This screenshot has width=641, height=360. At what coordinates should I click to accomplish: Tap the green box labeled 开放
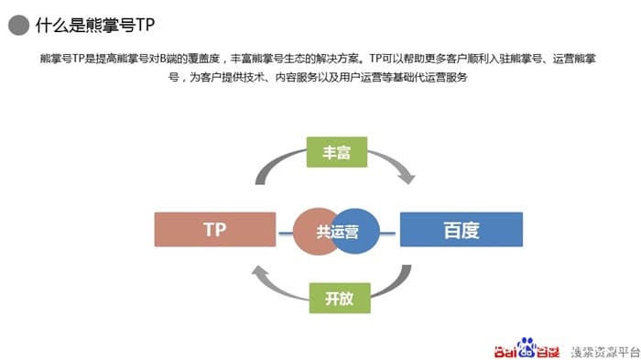[x=332, y=299]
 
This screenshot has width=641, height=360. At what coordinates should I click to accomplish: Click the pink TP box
[x=214, y=229]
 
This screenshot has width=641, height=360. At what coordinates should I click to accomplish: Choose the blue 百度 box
[x=461, y=229]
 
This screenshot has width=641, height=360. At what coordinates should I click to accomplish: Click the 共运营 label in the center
[x=337, y=232]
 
